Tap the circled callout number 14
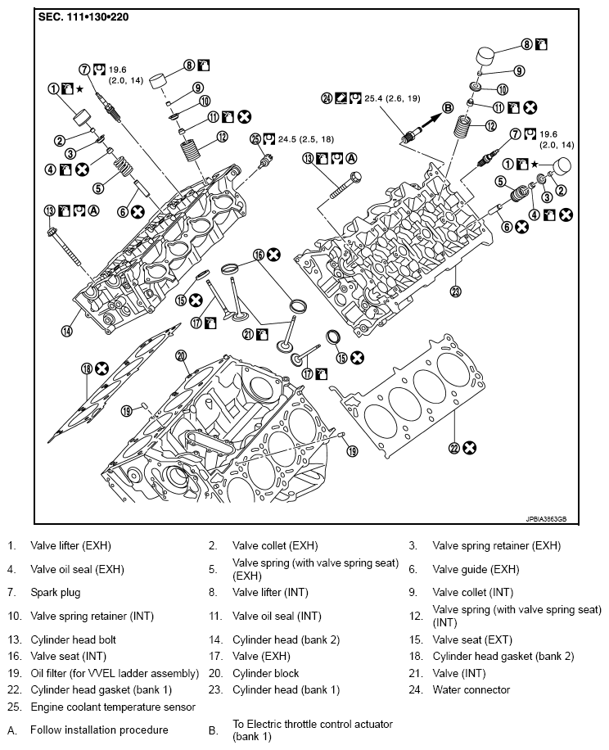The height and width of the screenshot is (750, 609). coord(67,331)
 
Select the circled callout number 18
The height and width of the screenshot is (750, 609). coord(87,368)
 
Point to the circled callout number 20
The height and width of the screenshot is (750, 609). coord(181,355)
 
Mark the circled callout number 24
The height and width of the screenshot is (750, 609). coord(327,97)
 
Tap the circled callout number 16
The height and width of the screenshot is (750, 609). coord(258,255)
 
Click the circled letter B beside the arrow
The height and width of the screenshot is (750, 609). coord(448,107)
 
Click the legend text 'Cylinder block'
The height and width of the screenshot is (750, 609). coord(265,673)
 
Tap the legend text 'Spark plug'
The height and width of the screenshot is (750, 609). coord(56,591)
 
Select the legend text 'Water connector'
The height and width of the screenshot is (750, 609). coord(471,689)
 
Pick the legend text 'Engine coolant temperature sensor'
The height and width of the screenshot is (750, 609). coord(113,706)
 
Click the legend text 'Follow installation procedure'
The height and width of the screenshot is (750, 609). coord(99,730)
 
